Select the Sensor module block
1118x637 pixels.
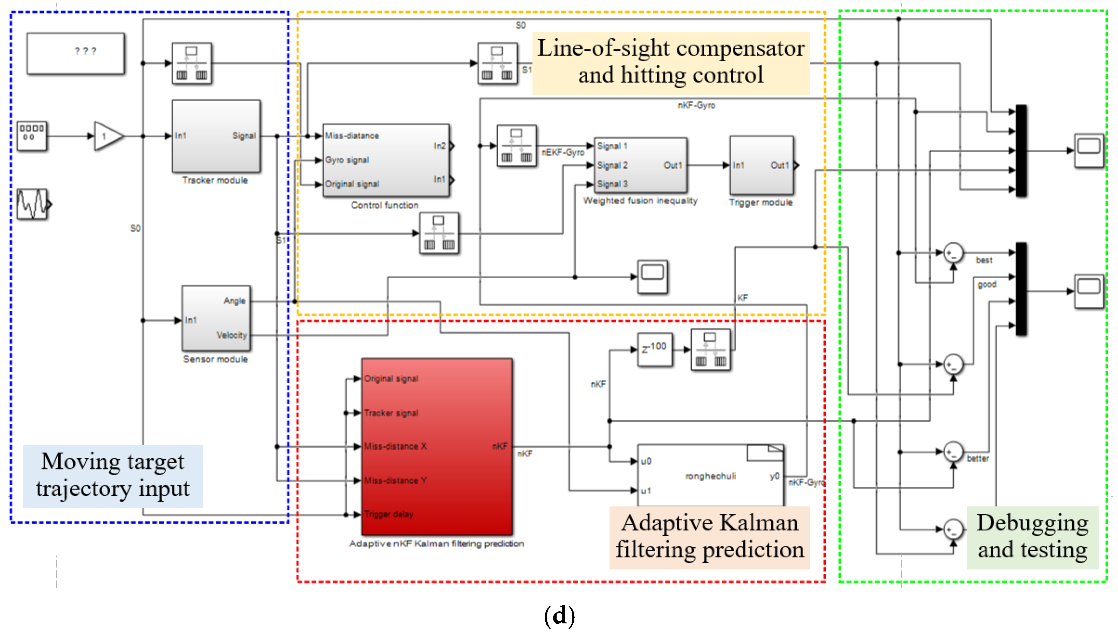tap(216, 318)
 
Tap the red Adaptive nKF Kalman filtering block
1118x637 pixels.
tap(437, 446)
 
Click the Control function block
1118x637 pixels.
tap(385, 160)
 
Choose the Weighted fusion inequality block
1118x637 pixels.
tap(640, 165)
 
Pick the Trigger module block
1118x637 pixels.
tap(761, 165)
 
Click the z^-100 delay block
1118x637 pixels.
tap(654, 349)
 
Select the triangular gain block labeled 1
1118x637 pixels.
tap(107, 136)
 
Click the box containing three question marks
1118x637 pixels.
tap(76, 53)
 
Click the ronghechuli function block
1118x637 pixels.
tap(710, 476)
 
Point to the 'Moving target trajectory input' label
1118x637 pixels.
tap(113, 476)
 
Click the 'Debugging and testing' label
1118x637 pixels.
tap(1032, 537)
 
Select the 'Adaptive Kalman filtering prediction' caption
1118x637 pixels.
tap(709, 537)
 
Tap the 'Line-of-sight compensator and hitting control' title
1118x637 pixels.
tap(671, 62)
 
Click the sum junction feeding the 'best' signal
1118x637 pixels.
tap(953, 253)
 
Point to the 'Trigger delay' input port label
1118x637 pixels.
tap(389, 514)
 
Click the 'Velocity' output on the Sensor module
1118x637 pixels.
tap(232, 335)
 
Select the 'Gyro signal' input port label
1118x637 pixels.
tap(347, 160)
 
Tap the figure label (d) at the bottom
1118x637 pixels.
tap(559, 616)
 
